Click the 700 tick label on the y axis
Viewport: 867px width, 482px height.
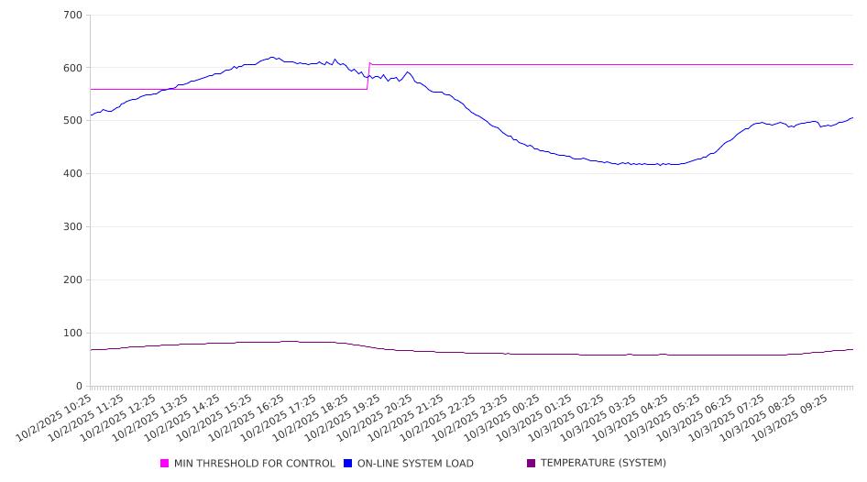pos(73,16)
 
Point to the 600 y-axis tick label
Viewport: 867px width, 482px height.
pos(73,68)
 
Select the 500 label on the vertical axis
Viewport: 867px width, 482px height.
pos(73,121)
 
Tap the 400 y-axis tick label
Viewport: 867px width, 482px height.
pos(73,174)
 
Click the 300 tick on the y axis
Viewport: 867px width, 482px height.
pos(73,227)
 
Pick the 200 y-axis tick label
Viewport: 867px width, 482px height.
pos(73,280)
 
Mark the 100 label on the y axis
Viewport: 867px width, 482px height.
pos(73,334)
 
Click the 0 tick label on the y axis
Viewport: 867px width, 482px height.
pos(80,386)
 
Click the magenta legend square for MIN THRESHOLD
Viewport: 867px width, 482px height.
pos(165,464)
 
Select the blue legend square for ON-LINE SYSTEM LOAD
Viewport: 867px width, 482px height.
pos(348,464)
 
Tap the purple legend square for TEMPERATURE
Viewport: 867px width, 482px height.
pos(532,464)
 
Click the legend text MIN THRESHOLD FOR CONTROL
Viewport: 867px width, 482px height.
pos(254,464)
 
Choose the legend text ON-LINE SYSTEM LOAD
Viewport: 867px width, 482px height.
pos(415,464)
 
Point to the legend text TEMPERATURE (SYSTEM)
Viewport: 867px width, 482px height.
pos(603,464)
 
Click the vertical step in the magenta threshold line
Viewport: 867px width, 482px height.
pos(368,76)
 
